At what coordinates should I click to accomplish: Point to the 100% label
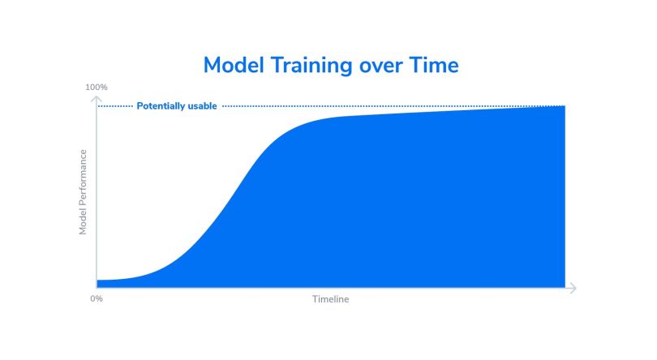[97, 88]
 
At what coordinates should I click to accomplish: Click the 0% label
[97, 299]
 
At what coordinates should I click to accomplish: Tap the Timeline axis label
[331, 299]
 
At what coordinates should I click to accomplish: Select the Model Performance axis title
[83, 192]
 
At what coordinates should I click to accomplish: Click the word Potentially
[161, 106]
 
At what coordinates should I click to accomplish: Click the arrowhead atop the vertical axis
[97, 99]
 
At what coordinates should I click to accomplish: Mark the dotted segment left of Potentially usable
[115, 106]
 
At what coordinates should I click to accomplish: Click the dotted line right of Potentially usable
[393, 106]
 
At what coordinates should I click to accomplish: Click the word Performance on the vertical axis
[83, 181]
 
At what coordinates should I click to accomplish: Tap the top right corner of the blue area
[565, 106]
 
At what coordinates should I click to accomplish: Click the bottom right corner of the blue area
[565, 288]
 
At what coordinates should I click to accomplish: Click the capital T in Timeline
[315, 299]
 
